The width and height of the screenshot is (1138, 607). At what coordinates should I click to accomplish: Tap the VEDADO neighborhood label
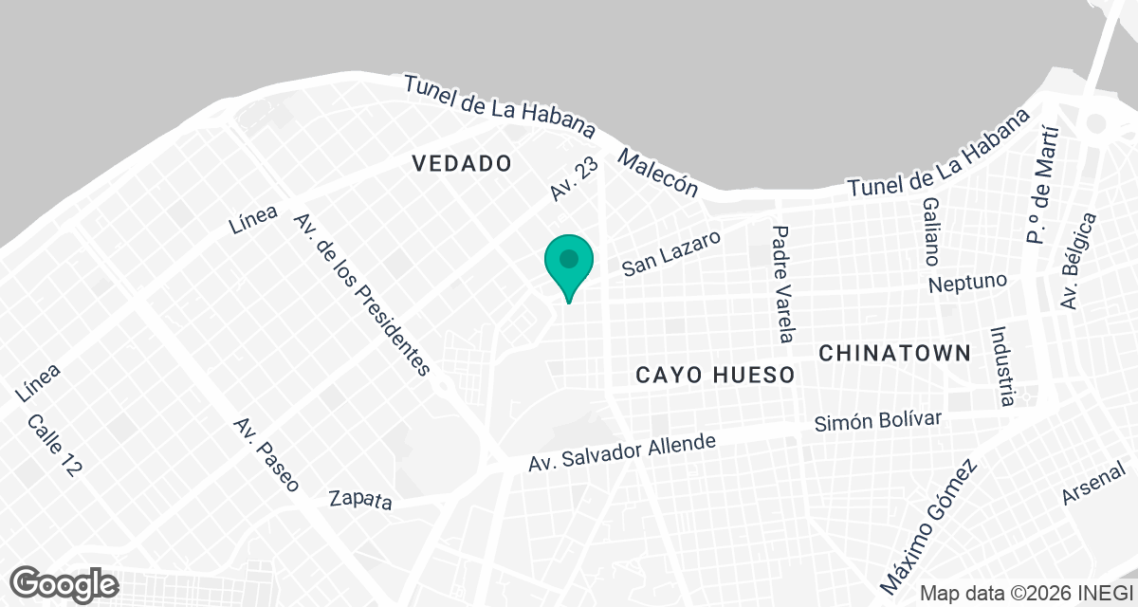point(462,163)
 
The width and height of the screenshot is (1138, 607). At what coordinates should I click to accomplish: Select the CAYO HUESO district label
point(715,376)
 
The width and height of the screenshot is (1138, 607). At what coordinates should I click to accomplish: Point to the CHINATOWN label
point(894,353)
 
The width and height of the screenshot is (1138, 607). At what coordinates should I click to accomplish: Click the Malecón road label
point(657,173)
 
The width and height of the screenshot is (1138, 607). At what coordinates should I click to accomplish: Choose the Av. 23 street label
point(575,179)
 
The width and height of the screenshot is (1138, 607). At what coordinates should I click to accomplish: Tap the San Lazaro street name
point(671,252)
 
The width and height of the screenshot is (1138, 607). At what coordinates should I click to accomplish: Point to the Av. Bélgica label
point(1079,261)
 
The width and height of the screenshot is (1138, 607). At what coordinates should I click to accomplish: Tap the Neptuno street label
point(966,283)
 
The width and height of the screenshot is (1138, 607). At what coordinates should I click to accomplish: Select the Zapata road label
point(360,499)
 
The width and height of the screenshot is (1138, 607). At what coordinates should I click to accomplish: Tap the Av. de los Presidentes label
point(361,294)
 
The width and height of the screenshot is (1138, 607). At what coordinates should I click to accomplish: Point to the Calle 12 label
point(53,446)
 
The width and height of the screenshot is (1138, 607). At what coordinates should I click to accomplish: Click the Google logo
point(64,582)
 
